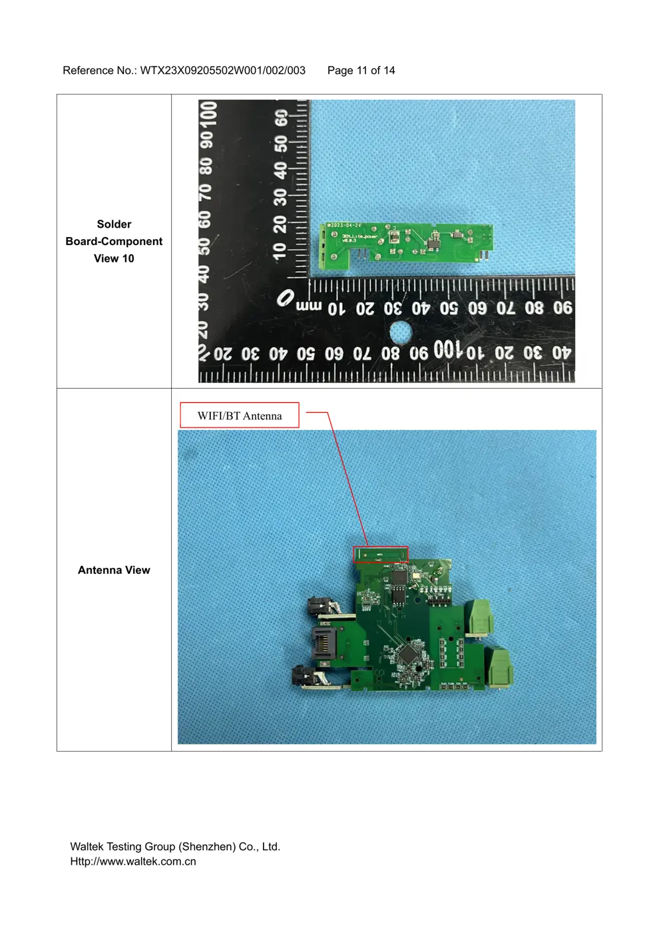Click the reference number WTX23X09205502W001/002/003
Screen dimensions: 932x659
(222, 71)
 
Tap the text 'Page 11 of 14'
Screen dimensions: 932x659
(361, 71)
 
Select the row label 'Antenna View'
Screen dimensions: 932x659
(114, 570)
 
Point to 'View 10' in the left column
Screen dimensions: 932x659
(114, 258)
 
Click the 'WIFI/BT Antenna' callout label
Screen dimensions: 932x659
(240, 415)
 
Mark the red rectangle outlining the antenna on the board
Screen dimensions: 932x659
(380, 555)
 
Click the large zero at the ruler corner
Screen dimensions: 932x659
(286, 298)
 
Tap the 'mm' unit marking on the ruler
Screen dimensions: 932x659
(308, 306)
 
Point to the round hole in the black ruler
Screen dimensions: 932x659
(400, 332)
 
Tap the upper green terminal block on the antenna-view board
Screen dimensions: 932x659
(481, 616)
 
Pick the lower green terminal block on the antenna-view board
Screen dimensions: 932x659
(501, 668)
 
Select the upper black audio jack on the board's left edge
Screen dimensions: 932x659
(318, 607)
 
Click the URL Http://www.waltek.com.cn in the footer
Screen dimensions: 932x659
(133, 861)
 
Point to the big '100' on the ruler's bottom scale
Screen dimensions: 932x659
(447, 349)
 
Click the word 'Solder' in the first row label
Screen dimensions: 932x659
(114, 224)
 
